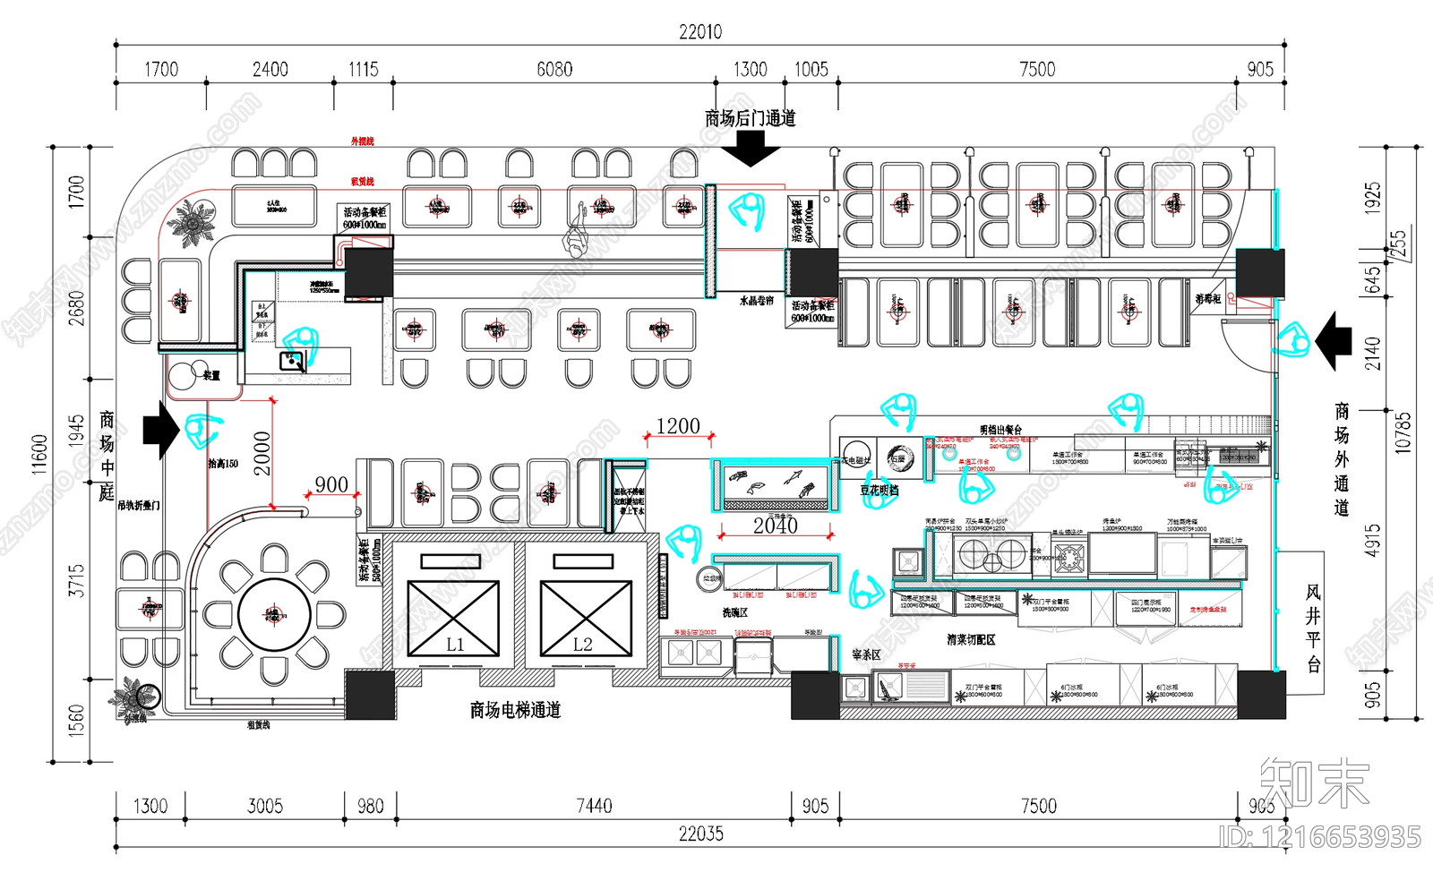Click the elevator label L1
455,645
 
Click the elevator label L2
583,645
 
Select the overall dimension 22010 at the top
700,32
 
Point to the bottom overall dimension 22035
700,834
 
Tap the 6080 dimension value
554,70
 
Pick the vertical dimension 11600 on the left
39,454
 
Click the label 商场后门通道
750,118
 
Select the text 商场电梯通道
515,710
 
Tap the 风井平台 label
1313,628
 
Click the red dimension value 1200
678,426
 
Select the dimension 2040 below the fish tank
776,526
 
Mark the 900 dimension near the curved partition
331,485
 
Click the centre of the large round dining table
274,615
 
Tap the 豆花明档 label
880,491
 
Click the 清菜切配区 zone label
971,640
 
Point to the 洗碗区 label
734,613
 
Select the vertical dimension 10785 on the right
1403,432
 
